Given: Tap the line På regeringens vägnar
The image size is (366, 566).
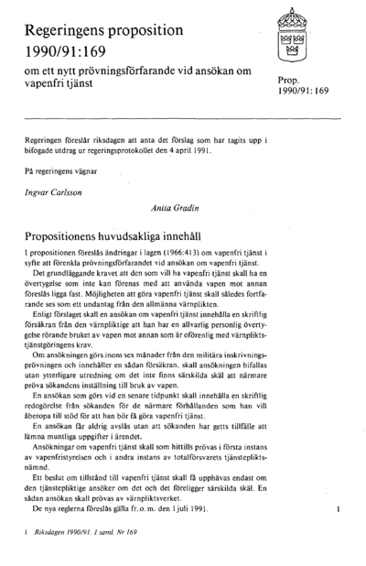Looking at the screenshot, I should [57, 171].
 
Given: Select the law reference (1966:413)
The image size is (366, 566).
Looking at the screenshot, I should [167, 251].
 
